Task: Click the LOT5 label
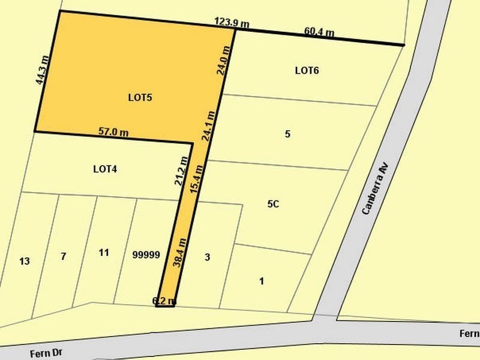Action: [139, 97]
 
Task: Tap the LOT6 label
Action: [307, 70]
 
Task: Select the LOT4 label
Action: [105, 169]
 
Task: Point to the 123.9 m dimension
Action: [232, 23]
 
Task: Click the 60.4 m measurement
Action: [319, 31]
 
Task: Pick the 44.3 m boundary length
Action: [41, 71]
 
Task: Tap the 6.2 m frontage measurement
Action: [164, 300]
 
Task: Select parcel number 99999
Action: [146, 254]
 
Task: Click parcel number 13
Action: [25, 261]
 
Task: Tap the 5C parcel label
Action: [273, 204]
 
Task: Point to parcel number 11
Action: [104, 253]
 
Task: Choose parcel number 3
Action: [207, 257]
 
